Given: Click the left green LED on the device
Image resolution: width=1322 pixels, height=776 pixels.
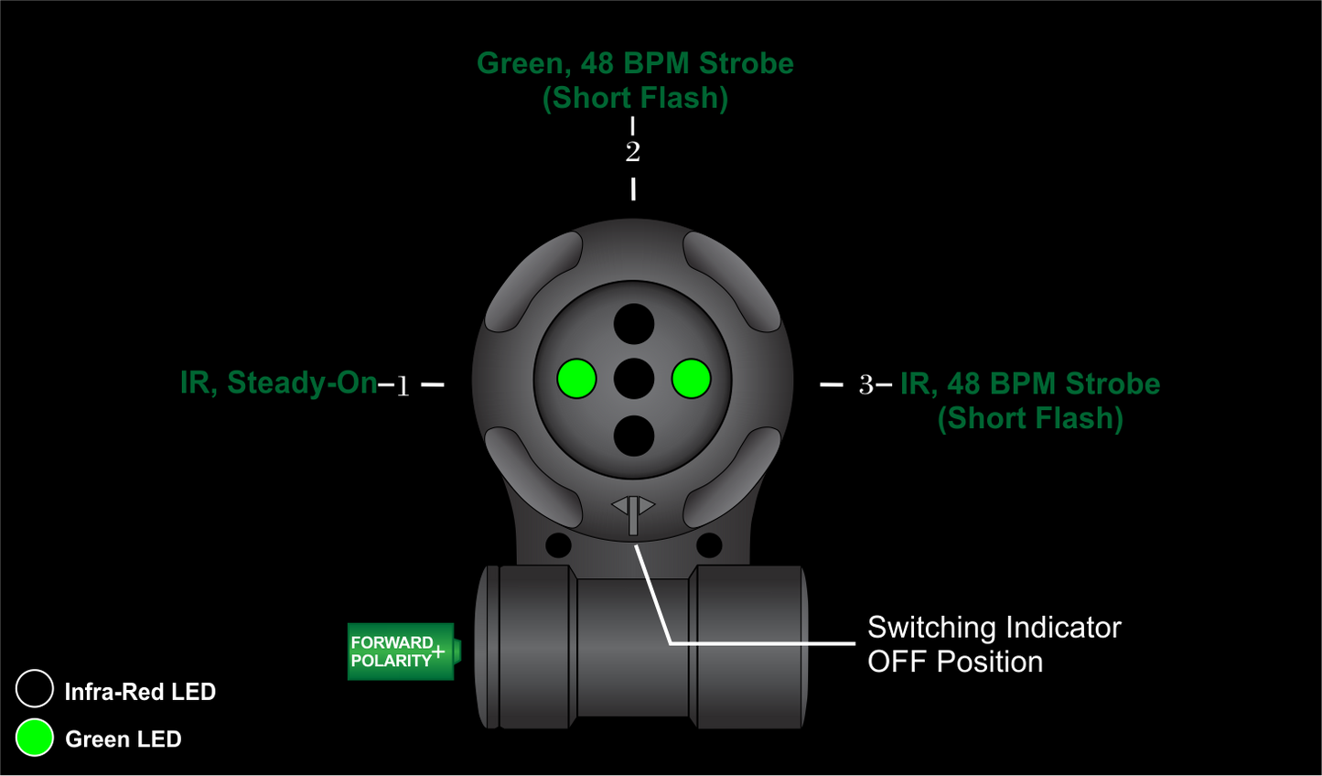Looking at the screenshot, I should click(576, 379).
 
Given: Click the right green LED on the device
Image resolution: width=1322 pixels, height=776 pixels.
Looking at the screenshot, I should click(691, 379).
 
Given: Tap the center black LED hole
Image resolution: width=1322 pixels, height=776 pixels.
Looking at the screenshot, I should click(634, 379).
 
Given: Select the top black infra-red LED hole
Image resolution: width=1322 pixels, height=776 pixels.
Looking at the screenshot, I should click(634, 324).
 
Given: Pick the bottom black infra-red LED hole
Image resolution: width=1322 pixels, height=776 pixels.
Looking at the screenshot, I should click(634, 436).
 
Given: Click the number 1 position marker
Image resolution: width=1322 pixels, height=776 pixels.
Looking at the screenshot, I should click(403, 386).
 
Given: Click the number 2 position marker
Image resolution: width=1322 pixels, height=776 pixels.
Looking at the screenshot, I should click(633, 152).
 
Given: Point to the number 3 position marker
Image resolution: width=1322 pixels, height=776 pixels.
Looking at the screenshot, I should click(865, 385).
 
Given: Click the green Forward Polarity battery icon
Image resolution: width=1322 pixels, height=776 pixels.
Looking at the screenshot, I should click(401, 652).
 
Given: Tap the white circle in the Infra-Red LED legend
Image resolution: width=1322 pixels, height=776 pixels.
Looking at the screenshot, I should click(35, 689).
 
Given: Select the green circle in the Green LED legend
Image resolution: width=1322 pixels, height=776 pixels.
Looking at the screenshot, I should click(35, 738).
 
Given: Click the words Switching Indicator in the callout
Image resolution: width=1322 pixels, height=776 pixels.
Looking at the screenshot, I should click(994, 628).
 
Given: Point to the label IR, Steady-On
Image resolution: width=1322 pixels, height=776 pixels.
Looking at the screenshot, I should click(278, 383).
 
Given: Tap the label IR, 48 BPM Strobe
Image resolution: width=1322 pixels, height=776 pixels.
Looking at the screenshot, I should click(1030, 384).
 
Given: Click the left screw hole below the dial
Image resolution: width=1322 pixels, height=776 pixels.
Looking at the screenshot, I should click(558, 545).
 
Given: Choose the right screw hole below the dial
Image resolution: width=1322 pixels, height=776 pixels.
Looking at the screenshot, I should click(709, 545).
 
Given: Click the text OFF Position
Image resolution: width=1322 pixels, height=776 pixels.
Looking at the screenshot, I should click(955, 662).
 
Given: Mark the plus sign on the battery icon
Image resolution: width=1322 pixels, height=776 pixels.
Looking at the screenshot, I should click(438, 652).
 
